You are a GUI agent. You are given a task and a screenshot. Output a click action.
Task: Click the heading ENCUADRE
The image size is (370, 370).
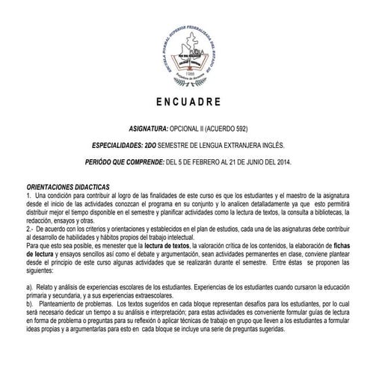tap(185, 101)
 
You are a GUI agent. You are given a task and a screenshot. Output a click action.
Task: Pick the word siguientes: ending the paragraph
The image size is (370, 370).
tap(40, 273)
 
